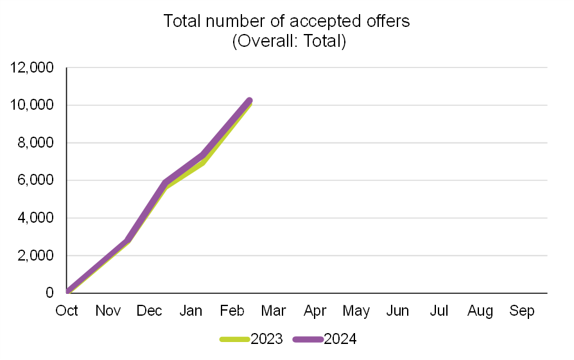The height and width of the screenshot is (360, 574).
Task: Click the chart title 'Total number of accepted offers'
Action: coord(286,21)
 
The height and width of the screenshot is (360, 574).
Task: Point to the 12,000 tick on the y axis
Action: coord(31,67)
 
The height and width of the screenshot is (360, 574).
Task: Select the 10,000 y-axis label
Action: coord(31,105)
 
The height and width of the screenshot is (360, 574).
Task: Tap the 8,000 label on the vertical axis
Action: coord(35,143)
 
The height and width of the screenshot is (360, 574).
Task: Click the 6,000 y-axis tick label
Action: coord(35,180)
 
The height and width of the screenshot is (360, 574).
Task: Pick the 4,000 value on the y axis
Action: coord(35,218)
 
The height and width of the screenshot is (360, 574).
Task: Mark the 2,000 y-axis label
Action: coord(35,255)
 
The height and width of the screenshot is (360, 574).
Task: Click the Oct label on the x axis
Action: coord(67,311)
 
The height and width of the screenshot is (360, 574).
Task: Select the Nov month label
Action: coord(109,311)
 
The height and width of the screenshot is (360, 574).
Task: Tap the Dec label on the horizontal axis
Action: coord(150,311)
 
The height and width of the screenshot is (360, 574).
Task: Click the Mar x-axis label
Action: coord(274,311)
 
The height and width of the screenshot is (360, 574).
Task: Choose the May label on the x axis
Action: coord(356,311)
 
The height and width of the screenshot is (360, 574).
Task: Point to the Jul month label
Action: coord(439,311)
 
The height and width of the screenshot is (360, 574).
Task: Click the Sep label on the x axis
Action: coord(522,311)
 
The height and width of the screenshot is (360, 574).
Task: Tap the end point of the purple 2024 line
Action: coord(249,101)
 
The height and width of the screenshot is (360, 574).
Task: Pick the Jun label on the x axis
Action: coord(398,311)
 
